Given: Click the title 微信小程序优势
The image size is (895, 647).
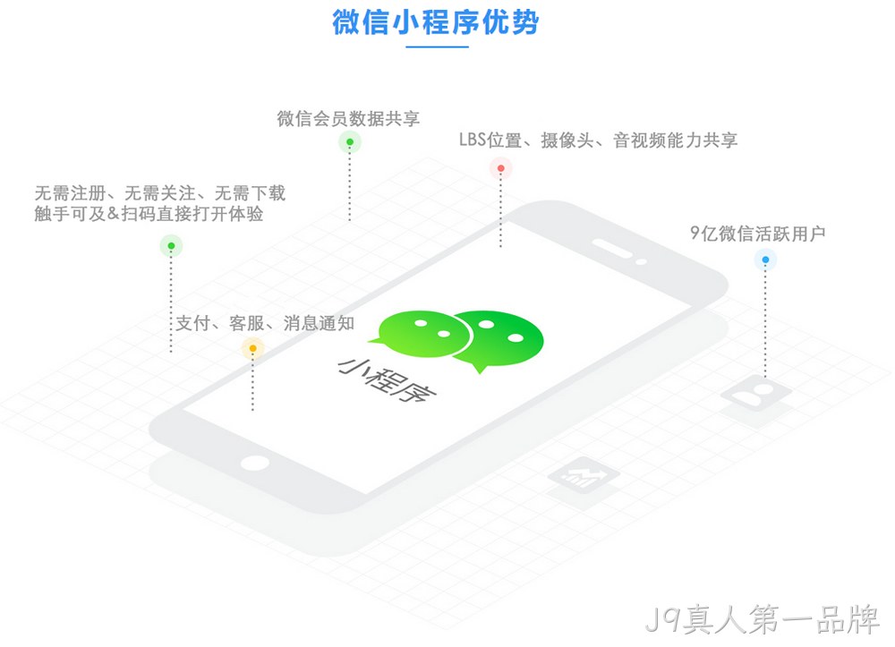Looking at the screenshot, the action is point(436,22).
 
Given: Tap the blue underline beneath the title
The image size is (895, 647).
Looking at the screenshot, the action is point(438,47).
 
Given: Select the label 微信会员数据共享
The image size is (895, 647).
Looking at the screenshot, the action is point(348,119).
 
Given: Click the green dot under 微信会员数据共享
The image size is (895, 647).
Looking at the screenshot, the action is point(350,142).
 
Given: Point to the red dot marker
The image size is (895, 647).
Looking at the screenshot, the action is point(500,168).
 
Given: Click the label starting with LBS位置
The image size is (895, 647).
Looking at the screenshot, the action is point(598,140).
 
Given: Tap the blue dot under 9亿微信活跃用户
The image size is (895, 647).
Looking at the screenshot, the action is point(765,260).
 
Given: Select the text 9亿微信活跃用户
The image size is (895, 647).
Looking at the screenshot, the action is point(757,234).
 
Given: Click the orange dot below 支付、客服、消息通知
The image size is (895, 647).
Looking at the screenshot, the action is point(253,348).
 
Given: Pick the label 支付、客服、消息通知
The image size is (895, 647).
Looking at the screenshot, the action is point(265,324).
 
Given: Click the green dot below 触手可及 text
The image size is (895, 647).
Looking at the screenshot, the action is point(171,246).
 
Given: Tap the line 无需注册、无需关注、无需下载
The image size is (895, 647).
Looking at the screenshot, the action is point(160,192).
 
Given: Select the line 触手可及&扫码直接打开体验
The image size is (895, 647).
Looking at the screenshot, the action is point(149,214).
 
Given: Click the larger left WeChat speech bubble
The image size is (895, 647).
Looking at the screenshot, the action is point(422,334).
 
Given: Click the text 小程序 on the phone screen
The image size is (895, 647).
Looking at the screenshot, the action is point(387,379).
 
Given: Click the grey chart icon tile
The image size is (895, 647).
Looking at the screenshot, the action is point(584,474).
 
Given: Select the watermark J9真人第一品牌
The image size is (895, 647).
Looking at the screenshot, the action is point(763,619).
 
